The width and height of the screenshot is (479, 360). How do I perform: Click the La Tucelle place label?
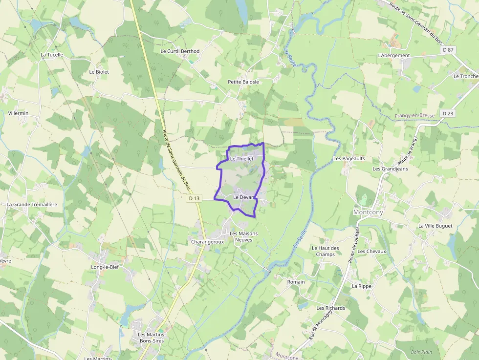click(52, 55)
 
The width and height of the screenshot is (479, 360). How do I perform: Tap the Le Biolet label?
click(99, 72)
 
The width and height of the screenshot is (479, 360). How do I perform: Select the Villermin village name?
click(19, 113)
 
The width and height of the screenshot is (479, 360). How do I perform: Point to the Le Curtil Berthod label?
click(180, 51)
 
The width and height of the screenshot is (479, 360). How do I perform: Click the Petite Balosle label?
click(243, 82)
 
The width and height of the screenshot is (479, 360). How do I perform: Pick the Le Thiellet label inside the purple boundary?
click(241, 159)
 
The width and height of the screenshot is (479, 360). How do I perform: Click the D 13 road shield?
click(194, 198)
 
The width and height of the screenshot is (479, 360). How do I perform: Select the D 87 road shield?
click(448, 50)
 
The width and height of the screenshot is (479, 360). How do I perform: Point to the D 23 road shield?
click(447, 113)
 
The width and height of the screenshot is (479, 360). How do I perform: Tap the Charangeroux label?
click(207, 242)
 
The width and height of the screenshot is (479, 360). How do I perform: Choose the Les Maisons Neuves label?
click(243, 237)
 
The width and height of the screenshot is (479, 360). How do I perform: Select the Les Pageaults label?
click(349, 159)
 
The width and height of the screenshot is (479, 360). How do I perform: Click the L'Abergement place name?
click(394, 56)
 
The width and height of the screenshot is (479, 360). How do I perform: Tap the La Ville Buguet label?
click(435, 226)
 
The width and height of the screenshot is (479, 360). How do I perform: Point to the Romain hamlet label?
click(296, 282)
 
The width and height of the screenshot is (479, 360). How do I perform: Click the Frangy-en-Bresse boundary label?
click(414, 116)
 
